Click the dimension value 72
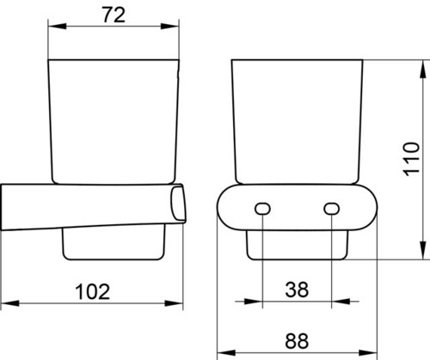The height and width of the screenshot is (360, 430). tap(114, 15)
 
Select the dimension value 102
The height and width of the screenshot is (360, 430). tap(93, 292)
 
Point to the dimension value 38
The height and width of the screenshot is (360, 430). tap(297, 290)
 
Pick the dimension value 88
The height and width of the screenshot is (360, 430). tap(297, 341)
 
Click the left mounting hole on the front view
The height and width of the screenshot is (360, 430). tap(262, 209)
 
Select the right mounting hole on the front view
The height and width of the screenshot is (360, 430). tap(332, 209)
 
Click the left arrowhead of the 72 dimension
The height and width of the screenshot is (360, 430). tap(57, 27)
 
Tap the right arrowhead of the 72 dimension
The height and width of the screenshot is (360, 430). tap(169, 27)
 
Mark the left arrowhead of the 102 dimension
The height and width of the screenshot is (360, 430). tap(10, 303)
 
